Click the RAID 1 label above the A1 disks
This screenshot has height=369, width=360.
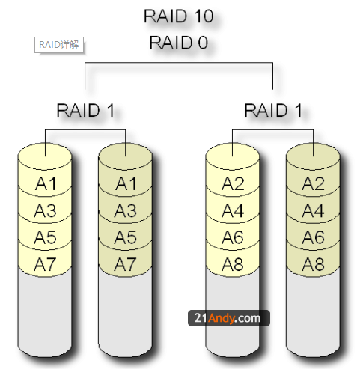click(x=85, y=111)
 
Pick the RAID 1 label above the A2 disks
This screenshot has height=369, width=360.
click(x=273, y=111)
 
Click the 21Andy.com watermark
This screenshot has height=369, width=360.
click(x=229, y=318)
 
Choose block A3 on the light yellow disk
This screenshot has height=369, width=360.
click(x=46, y=210)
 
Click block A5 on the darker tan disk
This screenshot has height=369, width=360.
click(x=126, y=237)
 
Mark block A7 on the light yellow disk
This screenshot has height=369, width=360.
click(x=46, y=263)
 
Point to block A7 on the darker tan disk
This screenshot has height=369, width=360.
click(x=126, y=263)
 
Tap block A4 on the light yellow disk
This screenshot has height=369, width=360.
click(x=233, y=210)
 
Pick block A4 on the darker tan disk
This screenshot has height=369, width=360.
click(x=313, y=210)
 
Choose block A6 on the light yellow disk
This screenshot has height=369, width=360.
click(x=233, y=237)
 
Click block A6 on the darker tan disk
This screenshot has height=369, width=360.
click(x=313, y=237)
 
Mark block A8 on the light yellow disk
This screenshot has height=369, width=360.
click(x=233, y=263)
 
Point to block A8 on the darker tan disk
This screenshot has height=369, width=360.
click(x=313, y=263)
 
